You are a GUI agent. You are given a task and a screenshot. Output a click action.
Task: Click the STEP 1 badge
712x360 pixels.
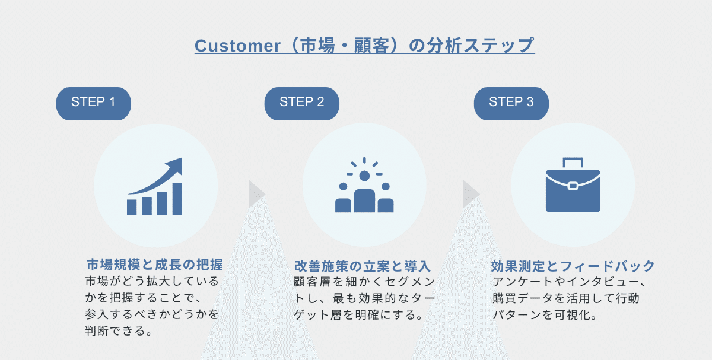point(94,104)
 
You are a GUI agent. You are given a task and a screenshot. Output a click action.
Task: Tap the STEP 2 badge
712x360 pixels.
point(302,104)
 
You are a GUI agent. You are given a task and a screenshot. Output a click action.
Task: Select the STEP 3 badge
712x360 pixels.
point(511,104)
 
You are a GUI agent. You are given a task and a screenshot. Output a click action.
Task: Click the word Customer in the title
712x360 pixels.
point(238,46)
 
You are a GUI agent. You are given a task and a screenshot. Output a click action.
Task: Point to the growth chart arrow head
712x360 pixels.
point(175,166)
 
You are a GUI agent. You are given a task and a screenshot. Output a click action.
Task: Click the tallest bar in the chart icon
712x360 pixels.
point(177,199)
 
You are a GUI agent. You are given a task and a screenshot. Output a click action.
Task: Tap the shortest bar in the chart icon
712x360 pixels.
point(132,208)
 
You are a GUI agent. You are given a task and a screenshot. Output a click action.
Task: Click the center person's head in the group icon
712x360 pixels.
point(364,176)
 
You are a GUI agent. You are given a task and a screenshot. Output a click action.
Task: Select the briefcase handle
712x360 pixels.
point(573,163)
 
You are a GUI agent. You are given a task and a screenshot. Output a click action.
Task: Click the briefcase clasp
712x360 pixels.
point(573,186)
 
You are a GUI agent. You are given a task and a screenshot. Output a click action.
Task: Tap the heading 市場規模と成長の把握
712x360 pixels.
point(155,265)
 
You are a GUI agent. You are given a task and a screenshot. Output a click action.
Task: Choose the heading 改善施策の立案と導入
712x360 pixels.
point(363,266)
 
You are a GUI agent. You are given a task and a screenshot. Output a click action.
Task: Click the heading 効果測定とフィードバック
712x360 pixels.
point(573,266)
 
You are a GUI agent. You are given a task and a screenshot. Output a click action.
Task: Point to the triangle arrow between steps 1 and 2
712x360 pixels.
point(257,194)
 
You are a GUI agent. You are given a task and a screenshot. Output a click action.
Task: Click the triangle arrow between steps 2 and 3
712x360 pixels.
point(471,194)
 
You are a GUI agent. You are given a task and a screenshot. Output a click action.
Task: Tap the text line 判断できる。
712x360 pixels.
point(119,331)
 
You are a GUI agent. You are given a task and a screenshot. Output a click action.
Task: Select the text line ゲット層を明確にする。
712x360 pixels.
point(358,315)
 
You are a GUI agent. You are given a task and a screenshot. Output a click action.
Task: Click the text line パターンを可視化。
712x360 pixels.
point(545,315)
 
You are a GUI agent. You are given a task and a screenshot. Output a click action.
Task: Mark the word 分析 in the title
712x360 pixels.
point(444,46)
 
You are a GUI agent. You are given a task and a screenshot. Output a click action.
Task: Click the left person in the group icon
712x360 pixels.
point(344,197)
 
